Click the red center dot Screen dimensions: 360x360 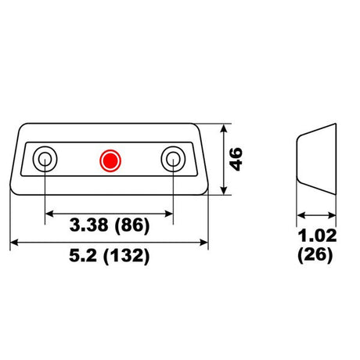[x=110, y=160]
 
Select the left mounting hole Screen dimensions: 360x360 [x=45, y=159]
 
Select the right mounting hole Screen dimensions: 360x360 [x=173, y=159]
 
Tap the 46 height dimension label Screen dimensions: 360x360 [x=236, y=159]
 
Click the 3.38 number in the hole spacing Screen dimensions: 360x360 [x=88, y=225]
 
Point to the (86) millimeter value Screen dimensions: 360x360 [x=132, y=225]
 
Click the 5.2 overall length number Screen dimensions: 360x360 [x=83, y=255]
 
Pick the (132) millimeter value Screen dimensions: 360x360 [x=127, y=256]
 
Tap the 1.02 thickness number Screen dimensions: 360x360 [x=317, y=236]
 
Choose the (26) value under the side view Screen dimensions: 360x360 [x=315, y=254]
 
